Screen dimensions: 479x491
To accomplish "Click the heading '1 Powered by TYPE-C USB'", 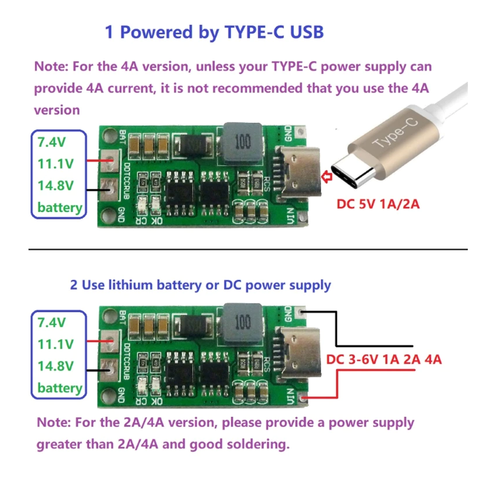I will coord(214,32).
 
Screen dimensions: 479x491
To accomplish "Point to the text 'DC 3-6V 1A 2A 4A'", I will coord(384,359).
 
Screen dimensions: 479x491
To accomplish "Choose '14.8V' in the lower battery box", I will coord(56,366).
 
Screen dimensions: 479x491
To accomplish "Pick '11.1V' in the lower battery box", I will coord(56,343).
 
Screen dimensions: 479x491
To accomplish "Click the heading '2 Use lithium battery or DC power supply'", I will coord(200,285).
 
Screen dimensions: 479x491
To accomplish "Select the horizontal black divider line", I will coord(248,249).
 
